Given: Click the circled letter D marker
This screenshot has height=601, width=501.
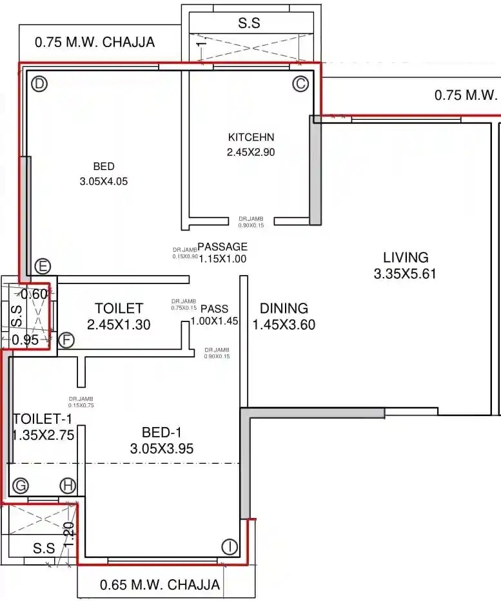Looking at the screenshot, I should [40, 84].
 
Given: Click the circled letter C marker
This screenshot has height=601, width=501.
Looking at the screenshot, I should [300, 84].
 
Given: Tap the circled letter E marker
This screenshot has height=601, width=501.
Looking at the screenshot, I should [43, 267].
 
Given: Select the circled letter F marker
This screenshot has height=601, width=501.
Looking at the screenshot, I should [66, 340].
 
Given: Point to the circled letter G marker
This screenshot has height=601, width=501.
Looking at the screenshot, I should [21, 486].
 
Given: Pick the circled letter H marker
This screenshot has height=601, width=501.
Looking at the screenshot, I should [67, 486].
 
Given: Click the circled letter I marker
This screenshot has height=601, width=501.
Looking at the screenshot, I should [230, 547].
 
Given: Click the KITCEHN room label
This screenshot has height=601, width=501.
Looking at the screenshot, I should [251, 137].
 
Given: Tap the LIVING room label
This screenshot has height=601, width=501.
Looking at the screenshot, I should [405, 257].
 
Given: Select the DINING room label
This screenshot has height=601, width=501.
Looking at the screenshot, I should [284, 309].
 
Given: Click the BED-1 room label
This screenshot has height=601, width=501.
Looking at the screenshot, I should [161, 432].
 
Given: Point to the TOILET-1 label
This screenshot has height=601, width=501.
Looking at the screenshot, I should [43, 419].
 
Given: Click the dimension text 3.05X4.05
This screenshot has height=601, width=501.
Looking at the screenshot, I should [104, 182].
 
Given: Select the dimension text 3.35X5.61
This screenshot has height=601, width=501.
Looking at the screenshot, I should [405, 274].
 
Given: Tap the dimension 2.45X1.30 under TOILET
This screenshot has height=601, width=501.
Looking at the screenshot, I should [119, 325].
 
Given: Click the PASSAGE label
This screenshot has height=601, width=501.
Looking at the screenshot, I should [222, 247].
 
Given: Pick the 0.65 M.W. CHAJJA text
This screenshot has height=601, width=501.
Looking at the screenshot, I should [160, 586].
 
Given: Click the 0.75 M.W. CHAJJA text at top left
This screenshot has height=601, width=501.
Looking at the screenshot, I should [95, 43].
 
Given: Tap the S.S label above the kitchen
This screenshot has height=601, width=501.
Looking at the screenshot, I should [250, 23].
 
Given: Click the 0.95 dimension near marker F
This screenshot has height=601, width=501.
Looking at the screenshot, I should [25, 340].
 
